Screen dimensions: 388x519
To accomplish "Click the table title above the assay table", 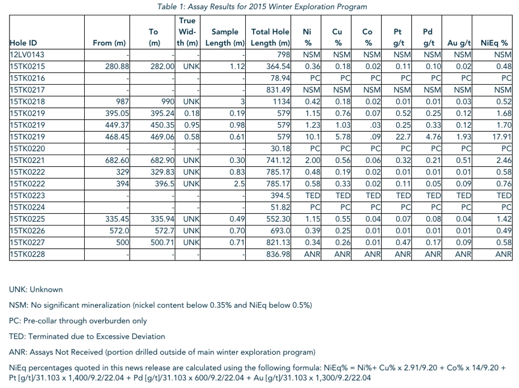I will pos(262,7).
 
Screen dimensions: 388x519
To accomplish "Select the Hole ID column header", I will pos(23,43).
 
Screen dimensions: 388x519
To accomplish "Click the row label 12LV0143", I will pos(27,54).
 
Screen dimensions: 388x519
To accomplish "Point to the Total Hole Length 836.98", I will pos(279,254).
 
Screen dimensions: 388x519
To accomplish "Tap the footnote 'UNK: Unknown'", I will pos(36,290).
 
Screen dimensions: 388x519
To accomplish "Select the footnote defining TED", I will pos(87,336).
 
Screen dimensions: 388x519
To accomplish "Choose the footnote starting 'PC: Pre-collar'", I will pos(78,321).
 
